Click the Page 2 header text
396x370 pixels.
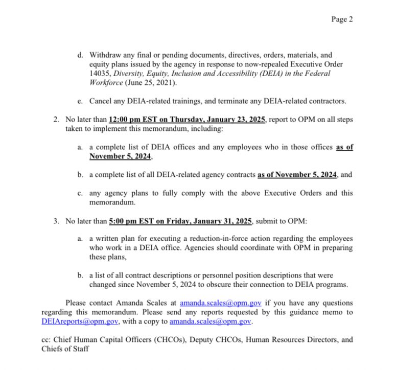coord(342,19)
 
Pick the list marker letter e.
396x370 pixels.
coord(80,101)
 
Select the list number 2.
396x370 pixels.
coord(56,120)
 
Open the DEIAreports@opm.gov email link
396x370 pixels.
coord(80,322)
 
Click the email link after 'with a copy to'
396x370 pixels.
coord(211,322)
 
